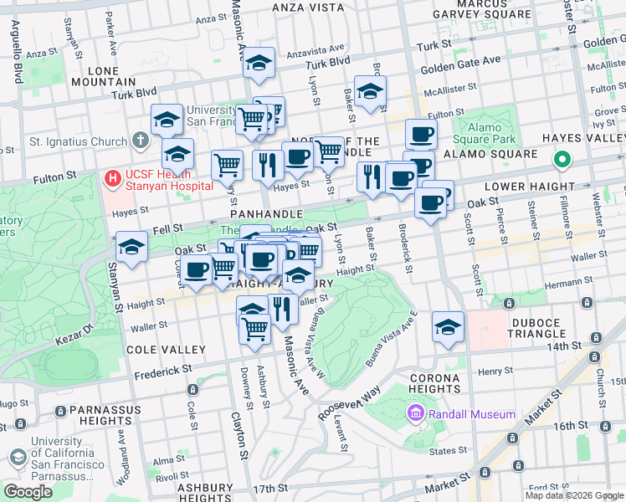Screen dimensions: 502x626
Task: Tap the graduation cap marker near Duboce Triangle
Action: (x=448, y=327)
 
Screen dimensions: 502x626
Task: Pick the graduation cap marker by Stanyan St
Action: (x=131, y=247)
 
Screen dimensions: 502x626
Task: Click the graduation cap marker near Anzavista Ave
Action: (x=259, y=63)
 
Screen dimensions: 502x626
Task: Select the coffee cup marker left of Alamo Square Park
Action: (x=421, y=134)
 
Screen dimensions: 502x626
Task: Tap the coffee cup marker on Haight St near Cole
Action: (x=198, y=270)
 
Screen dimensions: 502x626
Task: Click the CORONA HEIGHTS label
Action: (x=434, y=384)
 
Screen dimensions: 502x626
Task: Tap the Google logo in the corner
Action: (x=28, y=492)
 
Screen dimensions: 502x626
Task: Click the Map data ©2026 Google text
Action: (x=573, y=495)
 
